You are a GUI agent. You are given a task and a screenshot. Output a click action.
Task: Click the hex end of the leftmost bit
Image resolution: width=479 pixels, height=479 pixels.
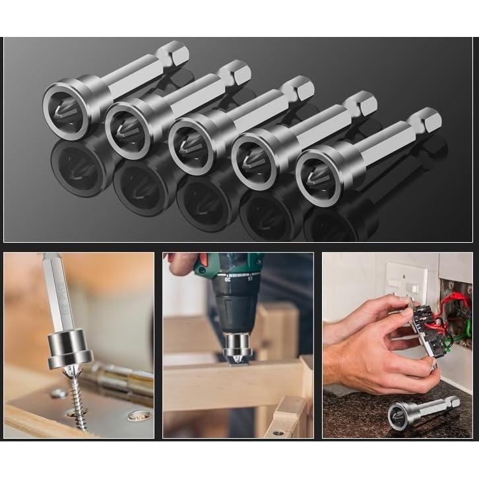pos(174,53)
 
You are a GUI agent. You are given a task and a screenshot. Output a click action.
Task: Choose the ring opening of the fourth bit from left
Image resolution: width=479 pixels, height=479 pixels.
pos(255,162)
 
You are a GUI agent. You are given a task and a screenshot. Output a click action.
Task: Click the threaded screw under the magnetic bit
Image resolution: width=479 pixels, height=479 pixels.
pos(79,396)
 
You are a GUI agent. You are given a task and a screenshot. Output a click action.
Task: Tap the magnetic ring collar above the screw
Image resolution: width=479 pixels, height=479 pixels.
pos(69,348)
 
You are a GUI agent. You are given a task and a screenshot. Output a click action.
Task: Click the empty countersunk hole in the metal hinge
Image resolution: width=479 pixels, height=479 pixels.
pos(139,416)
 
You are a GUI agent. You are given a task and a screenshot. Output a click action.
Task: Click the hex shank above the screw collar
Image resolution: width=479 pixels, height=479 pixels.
pos(57,297)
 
